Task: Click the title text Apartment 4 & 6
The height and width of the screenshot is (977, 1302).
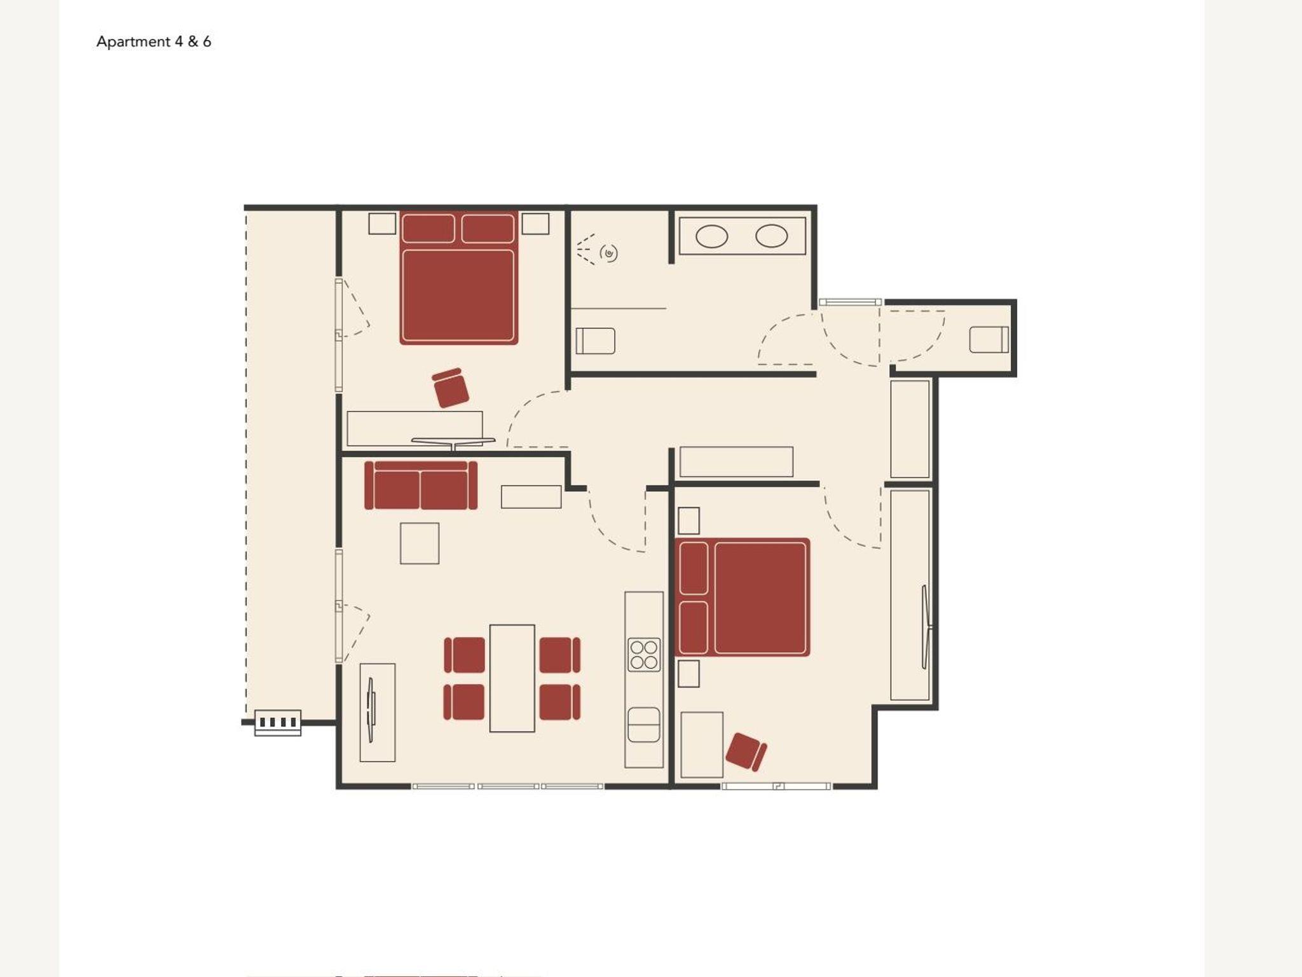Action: [154, 42]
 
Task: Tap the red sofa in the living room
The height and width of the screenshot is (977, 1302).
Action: [421, 485]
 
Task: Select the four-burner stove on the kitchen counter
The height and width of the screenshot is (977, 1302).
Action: [644, 655]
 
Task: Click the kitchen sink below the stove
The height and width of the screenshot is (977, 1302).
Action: [644, 725]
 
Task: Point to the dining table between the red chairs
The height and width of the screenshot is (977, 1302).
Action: [512, 678]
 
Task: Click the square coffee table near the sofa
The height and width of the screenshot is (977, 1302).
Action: [420, 543]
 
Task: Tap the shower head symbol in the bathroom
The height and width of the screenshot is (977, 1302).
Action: [609, 253]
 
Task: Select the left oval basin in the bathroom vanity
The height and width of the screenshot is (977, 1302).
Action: [712, 236]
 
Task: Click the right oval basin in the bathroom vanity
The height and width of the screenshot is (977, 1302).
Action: [772, 236]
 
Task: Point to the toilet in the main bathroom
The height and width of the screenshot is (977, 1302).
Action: [596, 341]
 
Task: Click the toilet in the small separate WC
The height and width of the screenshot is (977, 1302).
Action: [989, 339]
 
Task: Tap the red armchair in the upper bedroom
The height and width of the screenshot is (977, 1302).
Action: [451, 387]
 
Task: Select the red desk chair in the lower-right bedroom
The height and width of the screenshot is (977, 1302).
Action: [746, 752]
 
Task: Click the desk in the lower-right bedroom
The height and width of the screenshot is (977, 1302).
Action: [702, 745]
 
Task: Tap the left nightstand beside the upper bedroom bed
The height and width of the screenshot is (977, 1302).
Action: [382, 224]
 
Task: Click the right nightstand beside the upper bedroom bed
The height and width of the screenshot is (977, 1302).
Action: [535, 224]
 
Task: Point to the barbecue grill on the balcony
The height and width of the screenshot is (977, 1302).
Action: [278, 723]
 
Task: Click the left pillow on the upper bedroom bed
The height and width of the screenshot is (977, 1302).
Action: [428, 229]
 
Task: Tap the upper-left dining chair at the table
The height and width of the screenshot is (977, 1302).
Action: [464, 655]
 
